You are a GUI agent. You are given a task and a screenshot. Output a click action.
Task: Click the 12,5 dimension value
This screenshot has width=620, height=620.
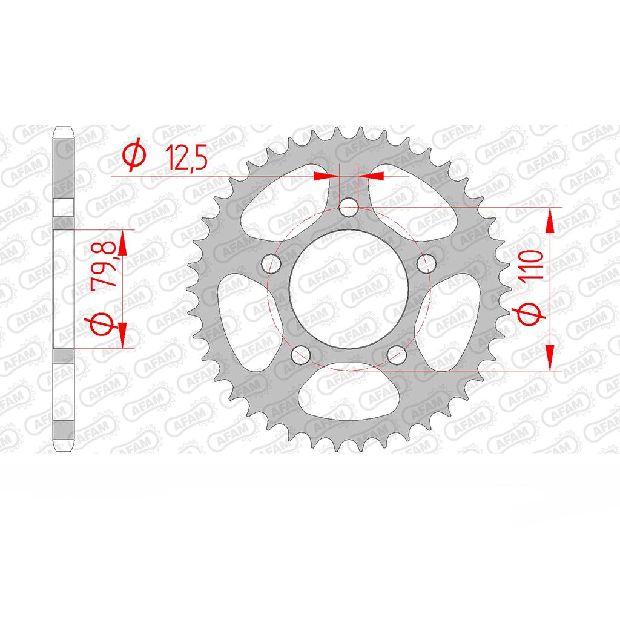[x=186, y=157]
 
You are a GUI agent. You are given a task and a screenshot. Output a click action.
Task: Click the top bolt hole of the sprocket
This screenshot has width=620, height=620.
[x=349, y=207]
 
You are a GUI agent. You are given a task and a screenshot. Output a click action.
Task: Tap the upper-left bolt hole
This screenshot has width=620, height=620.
[x=271, y=264]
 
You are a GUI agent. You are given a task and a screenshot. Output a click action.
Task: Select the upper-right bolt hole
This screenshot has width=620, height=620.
[x=426, y=264]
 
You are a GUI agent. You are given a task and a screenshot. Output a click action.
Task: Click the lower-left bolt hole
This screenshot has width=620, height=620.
[x=301, y=355]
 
